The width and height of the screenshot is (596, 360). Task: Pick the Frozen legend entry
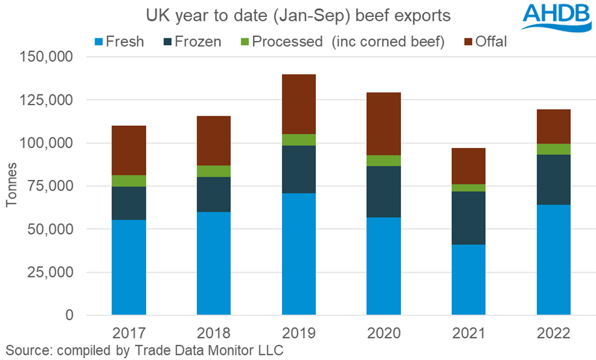191,42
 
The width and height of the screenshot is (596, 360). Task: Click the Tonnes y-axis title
12,186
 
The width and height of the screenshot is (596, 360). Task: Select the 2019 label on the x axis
299,332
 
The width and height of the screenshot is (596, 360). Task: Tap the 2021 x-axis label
469,332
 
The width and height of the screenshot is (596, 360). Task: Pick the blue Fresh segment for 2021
469,279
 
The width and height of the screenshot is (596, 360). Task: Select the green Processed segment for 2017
129,181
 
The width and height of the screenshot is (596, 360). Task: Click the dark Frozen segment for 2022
554,179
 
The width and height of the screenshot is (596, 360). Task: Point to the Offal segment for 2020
384,123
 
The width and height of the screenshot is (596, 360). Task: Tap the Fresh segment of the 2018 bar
214,263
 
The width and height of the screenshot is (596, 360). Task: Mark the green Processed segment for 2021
469,188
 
